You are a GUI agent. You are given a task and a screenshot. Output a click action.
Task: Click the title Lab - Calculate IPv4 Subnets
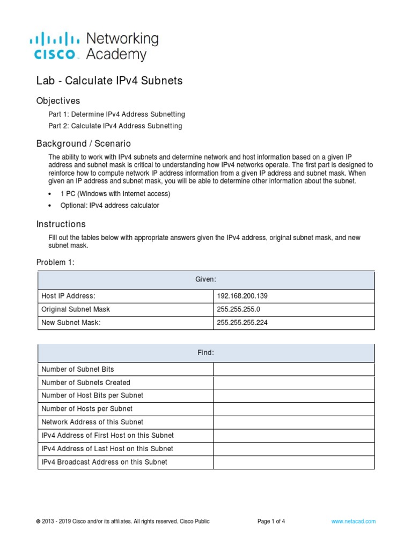click(x=109, y=81)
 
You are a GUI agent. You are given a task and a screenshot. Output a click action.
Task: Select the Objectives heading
click(x=58, y=101)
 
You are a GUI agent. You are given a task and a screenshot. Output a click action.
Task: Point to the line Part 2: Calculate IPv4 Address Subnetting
click(x=115, y=126)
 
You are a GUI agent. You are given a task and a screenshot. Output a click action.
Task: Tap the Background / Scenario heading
click(x=83, y=144)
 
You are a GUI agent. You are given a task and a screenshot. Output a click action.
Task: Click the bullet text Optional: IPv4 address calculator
click(x=109, y=205)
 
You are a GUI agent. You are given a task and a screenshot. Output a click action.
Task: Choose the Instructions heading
click(x=61, y=224)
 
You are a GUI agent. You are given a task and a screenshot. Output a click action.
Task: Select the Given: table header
click(x=206, y=280)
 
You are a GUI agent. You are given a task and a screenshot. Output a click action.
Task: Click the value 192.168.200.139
click(x=242, y=296)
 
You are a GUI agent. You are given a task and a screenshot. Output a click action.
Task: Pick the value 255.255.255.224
click(x=242, y=323)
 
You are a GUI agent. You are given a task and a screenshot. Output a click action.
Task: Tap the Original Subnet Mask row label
click(x=76, y=309)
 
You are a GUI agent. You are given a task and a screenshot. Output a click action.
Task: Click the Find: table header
click(x=206, y=353)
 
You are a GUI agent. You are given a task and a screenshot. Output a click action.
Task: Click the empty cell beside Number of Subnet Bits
click(x=293, y=370)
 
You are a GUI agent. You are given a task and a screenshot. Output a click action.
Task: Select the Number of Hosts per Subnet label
click(x=87, y=409)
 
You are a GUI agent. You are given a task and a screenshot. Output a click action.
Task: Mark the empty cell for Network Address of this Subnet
click(x=293, y=422)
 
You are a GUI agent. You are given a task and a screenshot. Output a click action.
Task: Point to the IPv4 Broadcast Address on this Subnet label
click(x=104, y=462)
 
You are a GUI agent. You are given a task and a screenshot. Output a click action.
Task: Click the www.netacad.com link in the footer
click(x=354, y=521)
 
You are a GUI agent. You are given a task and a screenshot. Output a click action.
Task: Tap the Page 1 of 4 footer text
click(x=271, y=521)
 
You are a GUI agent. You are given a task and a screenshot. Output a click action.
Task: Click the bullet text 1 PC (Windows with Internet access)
click(x=115, y=193)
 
